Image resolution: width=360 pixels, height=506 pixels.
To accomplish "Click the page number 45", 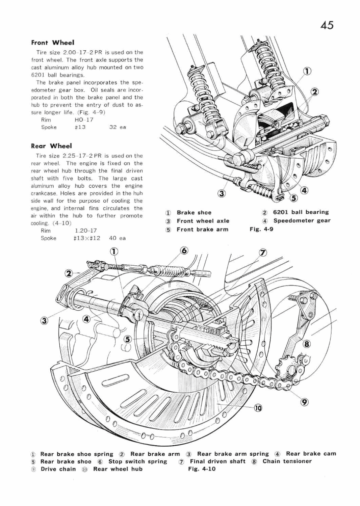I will click(327, 25).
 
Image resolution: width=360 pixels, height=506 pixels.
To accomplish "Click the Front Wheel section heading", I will click(52, 43).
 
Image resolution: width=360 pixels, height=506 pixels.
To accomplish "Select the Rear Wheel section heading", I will click(51, 146).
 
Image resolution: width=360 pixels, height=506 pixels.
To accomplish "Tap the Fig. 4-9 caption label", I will click(261, 229).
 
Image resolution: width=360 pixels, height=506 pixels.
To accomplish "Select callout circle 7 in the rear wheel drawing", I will click(262, 253).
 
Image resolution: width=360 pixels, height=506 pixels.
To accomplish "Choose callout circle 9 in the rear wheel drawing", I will click(304, 401).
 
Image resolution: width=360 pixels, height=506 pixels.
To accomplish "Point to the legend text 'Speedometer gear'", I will click(302, 221).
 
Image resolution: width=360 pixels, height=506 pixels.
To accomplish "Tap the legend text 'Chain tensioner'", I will click(287, 461).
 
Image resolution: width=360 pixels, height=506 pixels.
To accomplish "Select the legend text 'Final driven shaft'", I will click(217, 461).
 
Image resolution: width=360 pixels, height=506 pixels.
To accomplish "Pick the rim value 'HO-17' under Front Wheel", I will click(86, 119).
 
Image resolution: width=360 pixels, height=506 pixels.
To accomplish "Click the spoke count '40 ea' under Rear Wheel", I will click(117, 238).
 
